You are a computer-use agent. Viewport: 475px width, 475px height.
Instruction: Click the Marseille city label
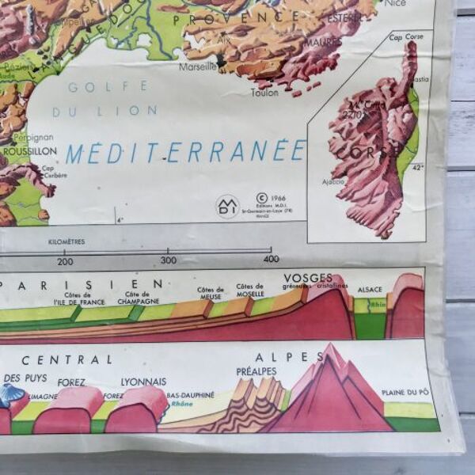197,66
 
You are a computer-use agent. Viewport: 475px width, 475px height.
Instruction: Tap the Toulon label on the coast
264,93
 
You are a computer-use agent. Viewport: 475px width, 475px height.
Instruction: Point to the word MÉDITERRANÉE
185,152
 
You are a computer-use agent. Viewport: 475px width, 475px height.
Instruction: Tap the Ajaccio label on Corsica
333,181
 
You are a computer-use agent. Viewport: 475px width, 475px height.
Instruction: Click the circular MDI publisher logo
227,207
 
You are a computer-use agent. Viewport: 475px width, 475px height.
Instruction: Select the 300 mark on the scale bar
169,260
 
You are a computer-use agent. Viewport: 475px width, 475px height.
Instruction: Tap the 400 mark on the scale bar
272,259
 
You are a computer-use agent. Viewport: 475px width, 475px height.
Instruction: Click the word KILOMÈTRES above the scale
67,241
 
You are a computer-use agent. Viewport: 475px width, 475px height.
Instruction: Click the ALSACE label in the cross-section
370,290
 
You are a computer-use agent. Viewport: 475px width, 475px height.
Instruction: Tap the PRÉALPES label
256,370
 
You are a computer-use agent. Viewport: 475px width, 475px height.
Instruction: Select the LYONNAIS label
143,382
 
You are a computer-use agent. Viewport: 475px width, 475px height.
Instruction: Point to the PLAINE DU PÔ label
405,392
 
